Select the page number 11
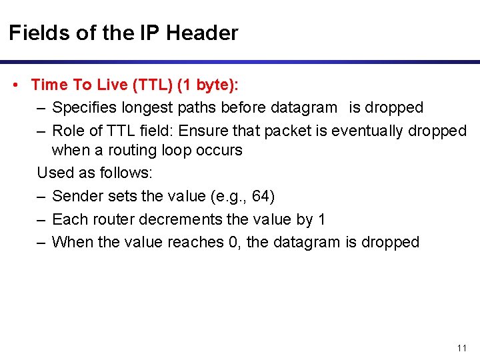tap(462, 349)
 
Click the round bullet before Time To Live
tap(15, 85)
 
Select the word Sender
tap(74, 197)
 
